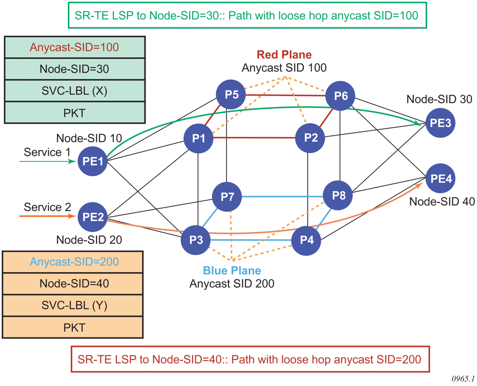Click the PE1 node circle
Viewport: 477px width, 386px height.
coord(92,161)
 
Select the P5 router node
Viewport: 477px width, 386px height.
coord(231,94)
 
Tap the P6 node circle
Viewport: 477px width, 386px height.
coord(340,96)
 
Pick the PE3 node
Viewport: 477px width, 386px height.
coord(440,123)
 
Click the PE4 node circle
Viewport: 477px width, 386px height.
coord(441,178)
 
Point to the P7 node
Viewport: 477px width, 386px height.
coord(227,197)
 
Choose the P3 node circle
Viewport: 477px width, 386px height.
coord(195,240)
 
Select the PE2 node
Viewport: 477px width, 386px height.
coord(92,217)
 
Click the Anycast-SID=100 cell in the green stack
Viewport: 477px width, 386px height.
coord(75,47)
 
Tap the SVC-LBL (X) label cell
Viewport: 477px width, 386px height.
coord(75,91)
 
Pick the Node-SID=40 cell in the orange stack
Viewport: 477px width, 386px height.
coord(73,284)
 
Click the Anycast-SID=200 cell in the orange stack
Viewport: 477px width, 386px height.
coord(73,262)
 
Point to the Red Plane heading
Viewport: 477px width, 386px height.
coord(284,55)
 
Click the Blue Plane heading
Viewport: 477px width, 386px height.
coord(232,271)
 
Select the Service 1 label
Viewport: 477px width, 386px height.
coord(47,152)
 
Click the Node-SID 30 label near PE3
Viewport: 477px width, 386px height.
coord(439,99)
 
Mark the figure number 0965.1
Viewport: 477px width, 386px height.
coord(463,379)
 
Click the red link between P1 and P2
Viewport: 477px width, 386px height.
coord(254,138)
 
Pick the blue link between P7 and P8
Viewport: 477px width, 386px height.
coord(282,197)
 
